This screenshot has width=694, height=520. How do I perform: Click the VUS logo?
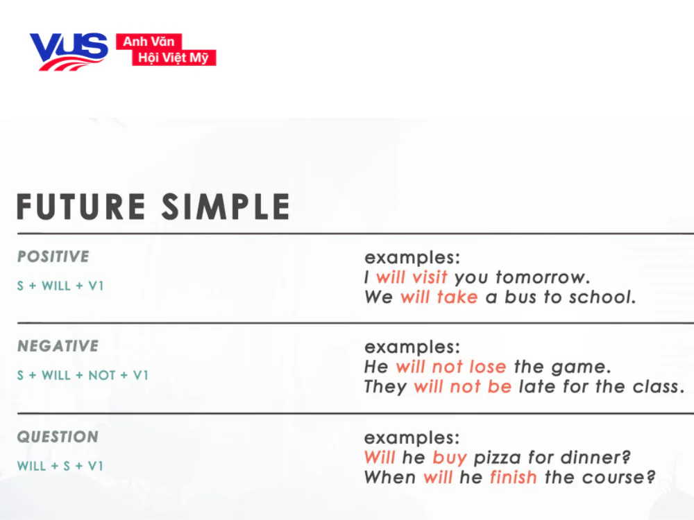pyautogui.click(x=68, y=51)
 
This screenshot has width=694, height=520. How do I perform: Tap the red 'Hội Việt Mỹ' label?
pyautogui.click(x=173, y=58)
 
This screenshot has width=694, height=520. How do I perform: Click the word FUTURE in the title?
pyautogui.click(x=82, y=207)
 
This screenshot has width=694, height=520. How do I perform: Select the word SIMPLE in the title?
pyautogui.click(x=226, y=207)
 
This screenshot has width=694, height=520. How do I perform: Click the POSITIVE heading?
pyautogui.click(x=53, y=257)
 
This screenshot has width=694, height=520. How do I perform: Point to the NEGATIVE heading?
pyautogui.click(x=58, y=346)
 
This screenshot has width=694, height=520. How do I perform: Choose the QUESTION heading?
pyautogui.click(x=58, y=437)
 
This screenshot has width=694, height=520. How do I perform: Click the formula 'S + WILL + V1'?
pyautogui.click(x=60, y=286)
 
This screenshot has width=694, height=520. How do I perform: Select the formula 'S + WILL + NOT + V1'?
pyautogui.click(x=83, y=375)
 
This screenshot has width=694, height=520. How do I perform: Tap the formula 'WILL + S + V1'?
pyautogui.click(x=60, y=466)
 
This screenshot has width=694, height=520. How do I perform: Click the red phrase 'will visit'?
pyautogui.click(x=412, y=277)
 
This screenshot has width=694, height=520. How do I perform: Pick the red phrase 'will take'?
pyautogui.click(x=439, y=297)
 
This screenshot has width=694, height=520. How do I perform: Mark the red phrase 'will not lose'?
pyautogui.click(x=450, y=367)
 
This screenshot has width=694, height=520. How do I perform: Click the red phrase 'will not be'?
pyautogui.click(x=462, y=387)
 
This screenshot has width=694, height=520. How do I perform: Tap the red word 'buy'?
pyautogui.click(x=449, y=458)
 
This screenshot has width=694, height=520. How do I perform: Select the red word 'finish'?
pyautogui.click(x=513, y=478)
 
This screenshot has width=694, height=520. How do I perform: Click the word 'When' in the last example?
pyautogui.click(x=389, y=478)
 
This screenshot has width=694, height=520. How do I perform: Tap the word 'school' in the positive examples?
pyautogui.click(x=601, y=297)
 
